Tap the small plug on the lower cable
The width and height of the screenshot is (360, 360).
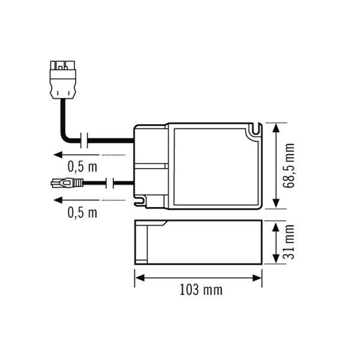click(64, 182)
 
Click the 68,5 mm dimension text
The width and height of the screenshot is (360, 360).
click(291, 166)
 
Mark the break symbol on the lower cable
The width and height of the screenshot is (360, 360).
click(110, 182)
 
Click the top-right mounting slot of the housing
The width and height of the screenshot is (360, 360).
click(257, 129)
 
